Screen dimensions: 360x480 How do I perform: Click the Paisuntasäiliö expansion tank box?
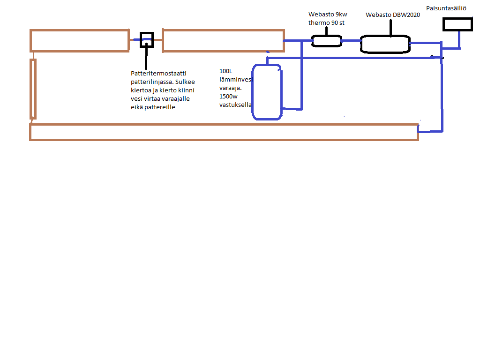click(457, 24)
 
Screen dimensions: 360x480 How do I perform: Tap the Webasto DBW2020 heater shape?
click(385, 44)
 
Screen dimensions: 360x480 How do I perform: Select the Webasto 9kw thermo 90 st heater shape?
click(327, 41)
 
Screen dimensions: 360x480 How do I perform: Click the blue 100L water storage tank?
click(267, 92)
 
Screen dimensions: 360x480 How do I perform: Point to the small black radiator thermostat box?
click(146, 39)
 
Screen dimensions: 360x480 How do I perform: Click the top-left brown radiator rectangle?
click(79, 40)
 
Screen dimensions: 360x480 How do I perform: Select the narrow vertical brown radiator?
click(33, 89)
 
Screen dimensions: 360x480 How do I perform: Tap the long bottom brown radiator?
click(224, 132)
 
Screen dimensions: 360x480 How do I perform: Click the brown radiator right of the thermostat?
click(223, 41)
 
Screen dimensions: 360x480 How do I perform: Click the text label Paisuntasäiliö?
click(446, 8)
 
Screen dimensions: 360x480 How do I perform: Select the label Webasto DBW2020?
click(392, 15)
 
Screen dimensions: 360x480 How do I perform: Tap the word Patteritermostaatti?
click(158, 74)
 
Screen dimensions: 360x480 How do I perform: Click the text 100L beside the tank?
click(226, 71)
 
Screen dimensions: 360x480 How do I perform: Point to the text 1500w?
click(228, 97)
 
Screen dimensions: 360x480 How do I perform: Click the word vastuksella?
click(235, 105)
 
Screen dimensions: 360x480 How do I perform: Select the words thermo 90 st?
click(327, 22)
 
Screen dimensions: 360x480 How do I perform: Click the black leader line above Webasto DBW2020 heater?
click(391, 27)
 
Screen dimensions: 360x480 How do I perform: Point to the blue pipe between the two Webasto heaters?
click(351, 41)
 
